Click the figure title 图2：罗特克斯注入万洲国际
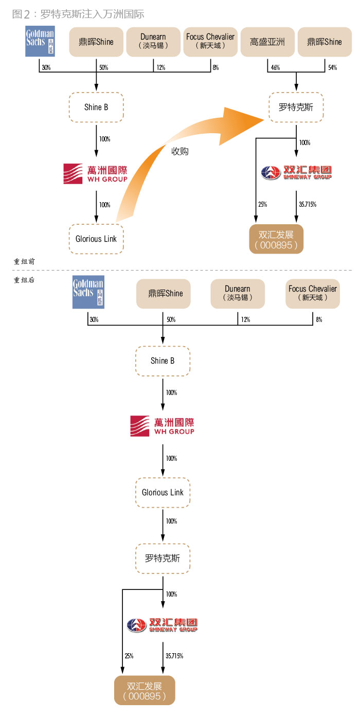[78, 14]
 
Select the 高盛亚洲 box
[267, 42]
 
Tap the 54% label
[332, 68]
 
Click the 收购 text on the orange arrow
[179, 151]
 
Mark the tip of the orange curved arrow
[263, 119]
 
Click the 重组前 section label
[24, 261]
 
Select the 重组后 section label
[24, 280]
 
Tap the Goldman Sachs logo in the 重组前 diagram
[40, 42]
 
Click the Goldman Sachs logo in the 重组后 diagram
[88, 294]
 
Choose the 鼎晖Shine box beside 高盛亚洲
[325, 42]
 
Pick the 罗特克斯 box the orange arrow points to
[296, 107]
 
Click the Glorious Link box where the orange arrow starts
[96, 239]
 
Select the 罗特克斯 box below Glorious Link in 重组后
[163, 558]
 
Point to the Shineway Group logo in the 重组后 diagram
[162, 625]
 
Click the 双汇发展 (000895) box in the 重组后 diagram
[145, 691]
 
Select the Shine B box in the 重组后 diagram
[163, 361]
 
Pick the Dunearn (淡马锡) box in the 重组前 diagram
[153, 42]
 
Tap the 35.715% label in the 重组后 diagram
[174, 656]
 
